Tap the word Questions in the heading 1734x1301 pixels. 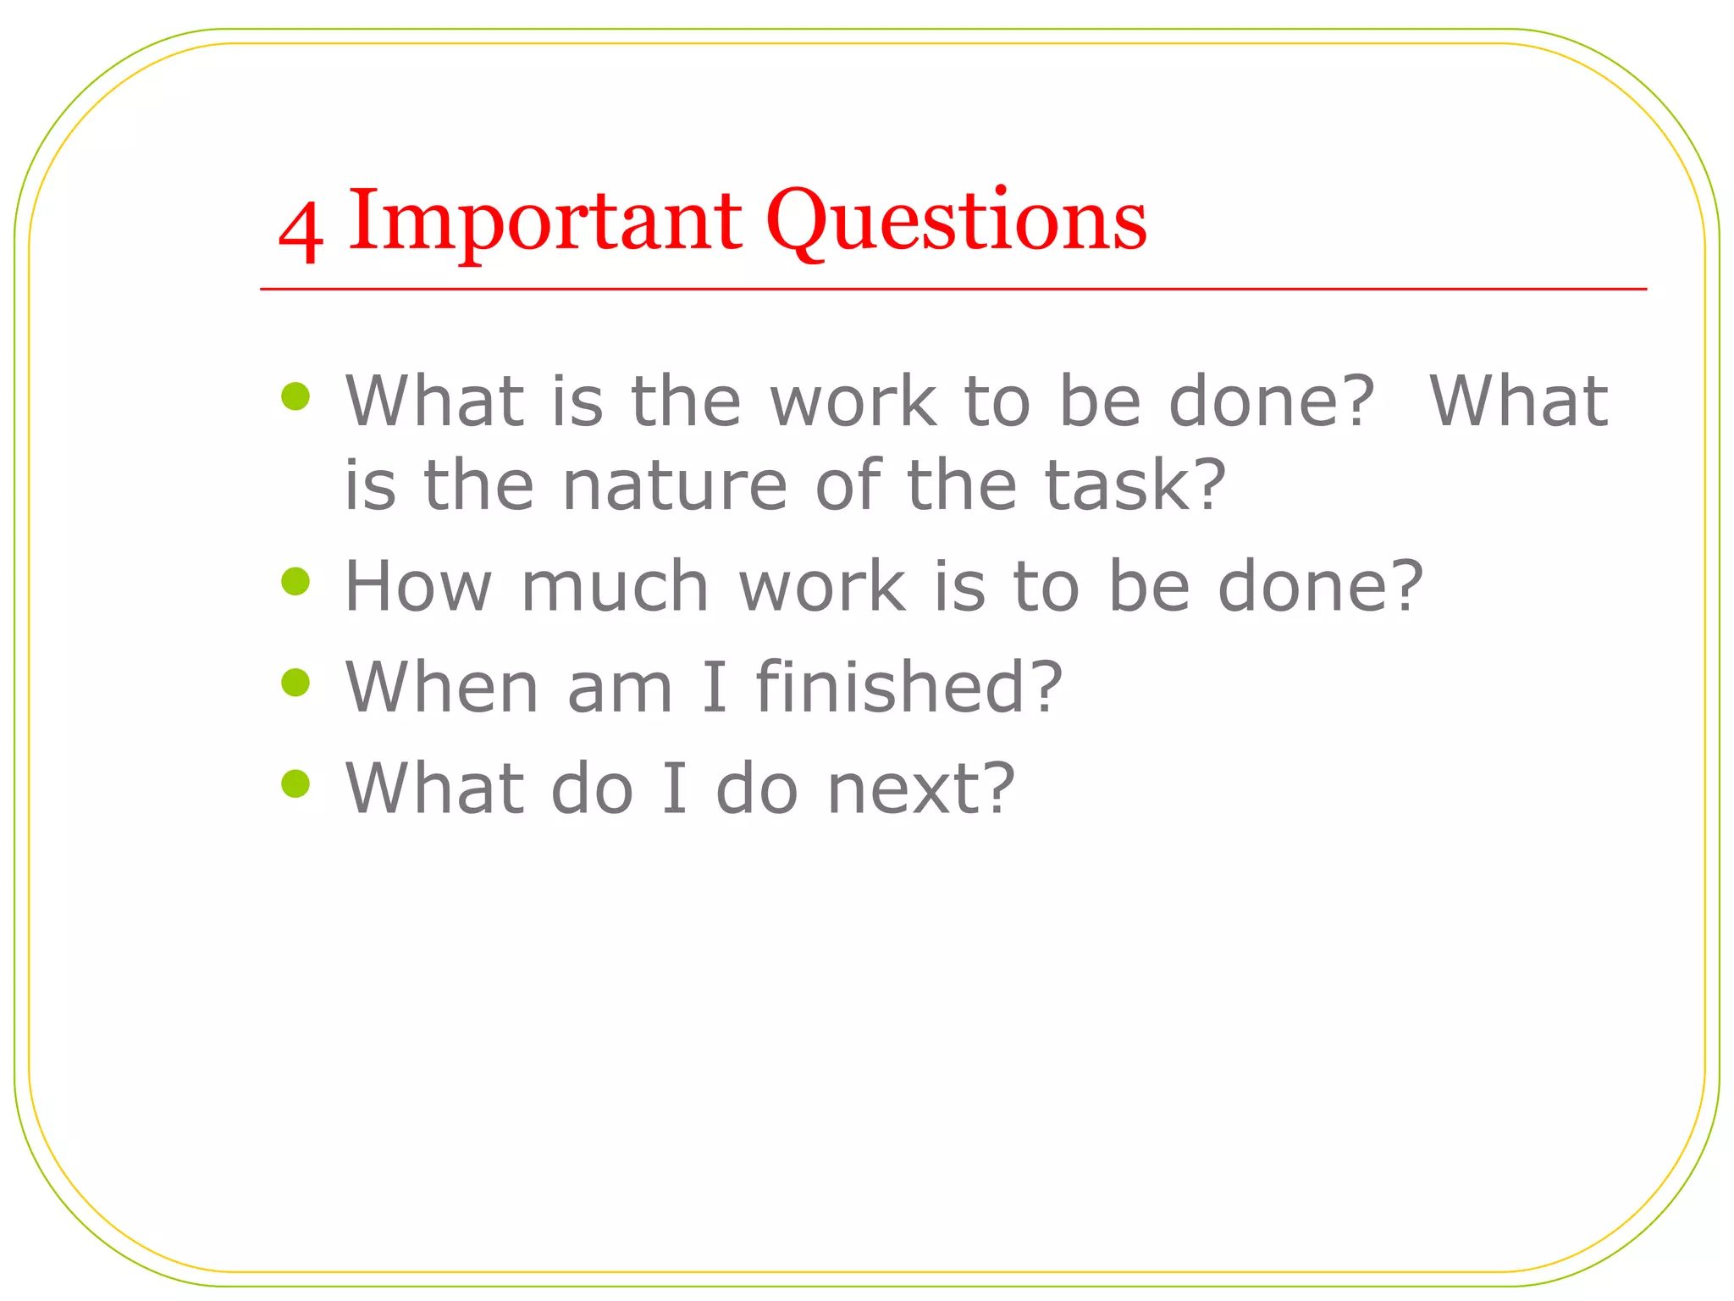point(956,222)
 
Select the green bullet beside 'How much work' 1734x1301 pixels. point(295,581)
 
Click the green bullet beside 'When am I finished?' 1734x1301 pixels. point(295,682)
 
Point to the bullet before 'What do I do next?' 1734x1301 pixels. point(295,783)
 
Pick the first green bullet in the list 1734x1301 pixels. point(295,396)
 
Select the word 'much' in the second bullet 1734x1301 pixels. point(615,586)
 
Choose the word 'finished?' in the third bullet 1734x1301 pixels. point(908,687)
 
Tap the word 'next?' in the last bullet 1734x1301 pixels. point(920,789)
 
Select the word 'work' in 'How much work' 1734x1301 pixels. point(822,586)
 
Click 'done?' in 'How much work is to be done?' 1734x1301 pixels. point(1320,586)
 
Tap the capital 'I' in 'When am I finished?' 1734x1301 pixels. point(714,687)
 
